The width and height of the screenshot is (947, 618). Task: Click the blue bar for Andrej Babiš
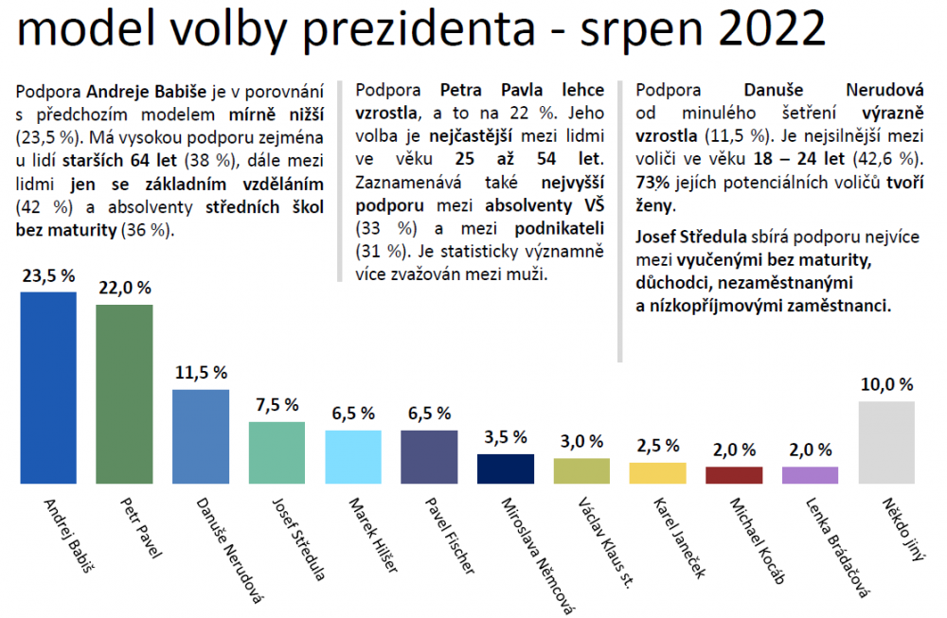point(48,388)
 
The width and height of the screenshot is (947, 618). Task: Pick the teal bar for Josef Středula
point(277,453)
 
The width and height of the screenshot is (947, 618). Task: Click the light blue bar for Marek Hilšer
point(353,457)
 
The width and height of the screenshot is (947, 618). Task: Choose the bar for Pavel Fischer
point(429,457)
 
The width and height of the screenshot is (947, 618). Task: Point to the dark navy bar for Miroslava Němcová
point(506,469)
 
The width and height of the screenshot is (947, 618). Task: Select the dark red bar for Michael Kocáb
point(734,475)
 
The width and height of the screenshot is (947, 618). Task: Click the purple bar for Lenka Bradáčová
point(810,475)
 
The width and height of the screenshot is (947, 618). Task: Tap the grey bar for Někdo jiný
point(886,443)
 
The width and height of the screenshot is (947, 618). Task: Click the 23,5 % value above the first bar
point(48,275)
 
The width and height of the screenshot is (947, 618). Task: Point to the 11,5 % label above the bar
point(201,373)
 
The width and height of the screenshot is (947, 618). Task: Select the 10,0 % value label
point(886,384)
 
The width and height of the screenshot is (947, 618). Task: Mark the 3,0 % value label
point(581,442)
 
